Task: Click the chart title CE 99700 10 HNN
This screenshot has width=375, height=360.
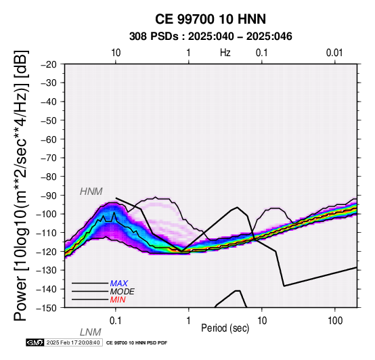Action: click(x=211, y=19)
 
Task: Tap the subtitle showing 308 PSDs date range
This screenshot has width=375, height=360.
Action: click(x=211, y=37)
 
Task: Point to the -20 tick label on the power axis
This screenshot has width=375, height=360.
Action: click(x=49, y=64)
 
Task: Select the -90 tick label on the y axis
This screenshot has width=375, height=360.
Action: click(x=49, y=196)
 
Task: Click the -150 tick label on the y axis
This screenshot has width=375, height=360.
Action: click(x=47, y=308)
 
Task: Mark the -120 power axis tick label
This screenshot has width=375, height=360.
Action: click(x=47, y=252)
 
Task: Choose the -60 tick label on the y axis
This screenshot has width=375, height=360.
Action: click(x=49, y=139)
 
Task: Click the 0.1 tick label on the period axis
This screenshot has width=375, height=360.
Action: click(x=116, y=321)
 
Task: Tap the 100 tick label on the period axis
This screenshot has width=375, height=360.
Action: click(x=335, y=321)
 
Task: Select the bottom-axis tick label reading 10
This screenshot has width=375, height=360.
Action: click(x=262, y=321)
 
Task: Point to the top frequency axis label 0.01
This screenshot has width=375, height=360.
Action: click(x=334, y=53)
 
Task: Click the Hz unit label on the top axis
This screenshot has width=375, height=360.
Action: click(x=225, y=53)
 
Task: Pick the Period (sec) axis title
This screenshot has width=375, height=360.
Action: click(x=225, y=328)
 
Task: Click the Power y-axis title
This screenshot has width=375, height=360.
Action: click(x=21, y=185)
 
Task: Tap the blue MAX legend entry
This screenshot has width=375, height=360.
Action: click(x=119, y=284)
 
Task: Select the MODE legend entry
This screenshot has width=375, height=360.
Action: click(x=123, y=292)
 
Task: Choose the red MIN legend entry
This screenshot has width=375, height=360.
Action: click(x=118, y=300)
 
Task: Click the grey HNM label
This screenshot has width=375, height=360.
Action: click(x=91, y=192)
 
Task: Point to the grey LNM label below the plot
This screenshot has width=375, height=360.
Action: click(x=91, y=332)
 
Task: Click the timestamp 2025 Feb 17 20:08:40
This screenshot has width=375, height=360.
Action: click(x=73, y=343)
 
